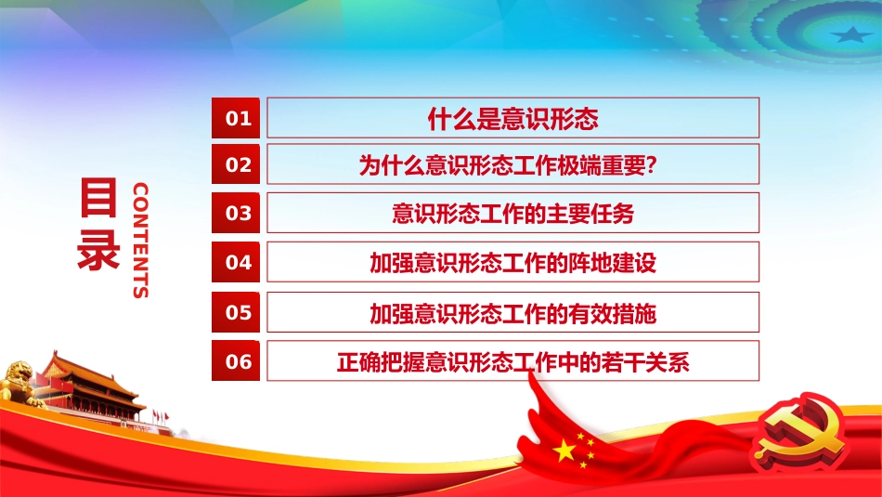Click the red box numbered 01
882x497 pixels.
tap(239, 118)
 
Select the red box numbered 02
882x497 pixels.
tap(239, 164)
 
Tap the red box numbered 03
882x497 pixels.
tap(239, 213)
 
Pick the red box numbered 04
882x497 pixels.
tap(239, 262)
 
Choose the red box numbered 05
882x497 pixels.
tap(239, 312)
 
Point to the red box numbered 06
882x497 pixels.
tap(239, 360)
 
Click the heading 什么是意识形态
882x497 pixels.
tap(512, 118)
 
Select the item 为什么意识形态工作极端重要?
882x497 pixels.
tap(512, 164)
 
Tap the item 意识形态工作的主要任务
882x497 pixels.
tap(512, 213)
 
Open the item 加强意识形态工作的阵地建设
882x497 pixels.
tap(512, 262)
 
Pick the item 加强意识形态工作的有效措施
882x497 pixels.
tap(512, 312)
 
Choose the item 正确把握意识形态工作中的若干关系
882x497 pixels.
tap(512, 360)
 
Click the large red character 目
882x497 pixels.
tap(99, 199)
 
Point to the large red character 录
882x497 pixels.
tap(99, 248)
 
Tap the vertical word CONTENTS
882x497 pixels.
tap(140, 240)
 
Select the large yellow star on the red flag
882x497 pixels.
tap(564, 451)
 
